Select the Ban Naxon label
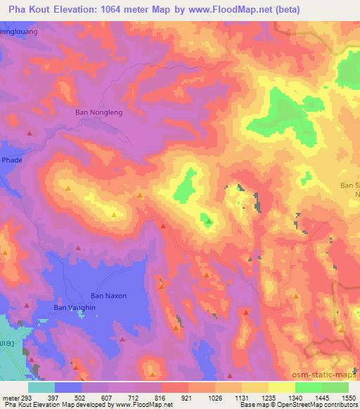pyautogui.click(x=109, y=296)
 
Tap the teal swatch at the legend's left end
pyautogui.click(x=41, y=387)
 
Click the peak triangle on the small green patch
pyautogui.click(x=208, y=223)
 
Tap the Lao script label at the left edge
pyautogui.click(x=6, y=342)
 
